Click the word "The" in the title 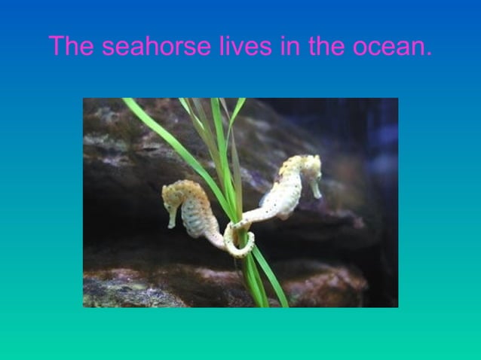coord(72,47)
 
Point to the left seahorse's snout coord(172,218)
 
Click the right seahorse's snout coord(316,190)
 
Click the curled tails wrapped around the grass coord(240,239)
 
